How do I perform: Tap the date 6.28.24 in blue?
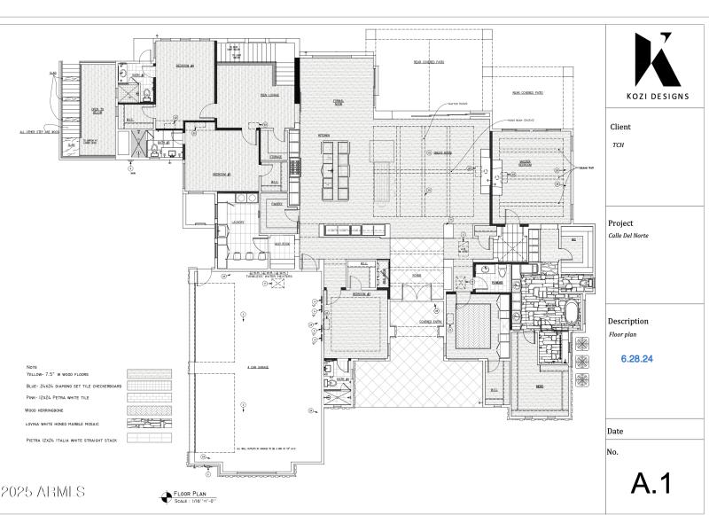638,360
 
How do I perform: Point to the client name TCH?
618,145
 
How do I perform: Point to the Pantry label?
277,203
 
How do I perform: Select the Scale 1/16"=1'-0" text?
196,501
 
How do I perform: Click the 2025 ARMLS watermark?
44,490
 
